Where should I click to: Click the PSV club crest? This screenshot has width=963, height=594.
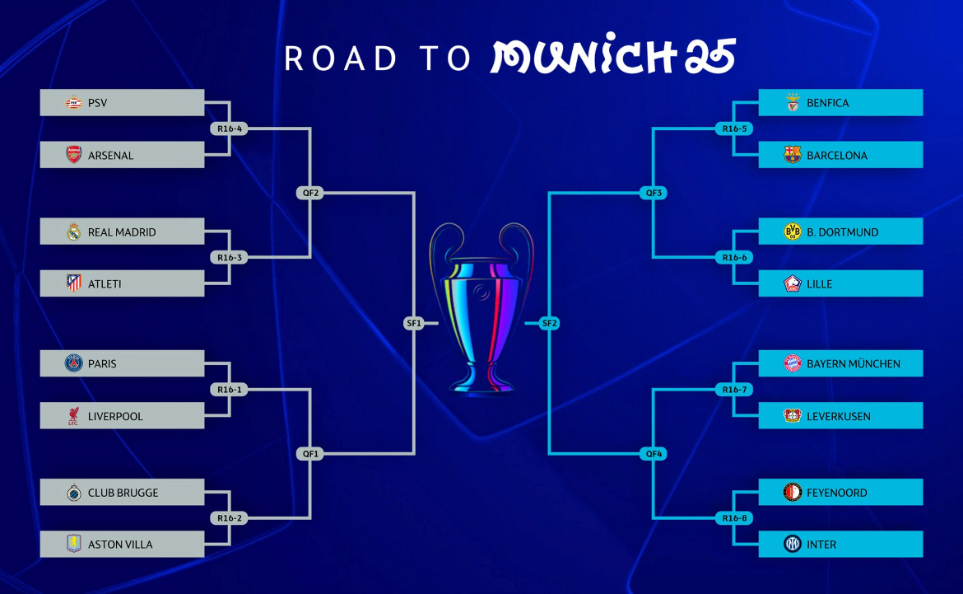[74, 103]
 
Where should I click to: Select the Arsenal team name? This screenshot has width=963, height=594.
[110, 156]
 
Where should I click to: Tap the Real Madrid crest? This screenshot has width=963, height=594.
[74, 232]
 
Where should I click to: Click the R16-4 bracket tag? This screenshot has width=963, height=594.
[229, 129]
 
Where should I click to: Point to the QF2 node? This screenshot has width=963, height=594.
[310, 193]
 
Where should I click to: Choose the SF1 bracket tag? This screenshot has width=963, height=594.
[414, 323]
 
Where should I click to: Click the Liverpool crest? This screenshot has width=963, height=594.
[73, 416]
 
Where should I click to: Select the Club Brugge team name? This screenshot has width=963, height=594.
[123, 493]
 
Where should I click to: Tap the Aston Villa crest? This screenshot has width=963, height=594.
[74, 544]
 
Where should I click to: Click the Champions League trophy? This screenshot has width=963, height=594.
[481, 307]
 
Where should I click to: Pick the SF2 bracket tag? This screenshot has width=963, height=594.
[549, 323]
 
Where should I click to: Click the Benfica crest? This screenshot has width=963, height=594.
[793, 103]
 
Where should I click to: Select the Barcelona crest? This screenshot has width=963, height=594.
[793, 155]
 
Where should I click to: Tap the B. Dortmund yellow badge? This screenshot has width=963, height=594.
[793, 232]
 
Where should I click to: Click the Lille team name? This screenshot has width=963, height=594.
[819, 284]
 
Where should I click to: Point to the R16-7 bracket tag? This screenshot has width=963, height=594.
[734, 389]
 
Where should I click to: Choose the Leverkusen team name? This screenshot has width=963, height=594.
[839, 416]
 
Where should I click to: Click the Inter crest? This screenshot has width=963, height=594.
[793, 544]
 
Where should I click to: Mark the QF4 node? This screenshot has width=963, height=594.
[654, 454]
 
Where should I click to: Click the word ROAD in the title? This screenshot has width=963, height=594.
[341, 58]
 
